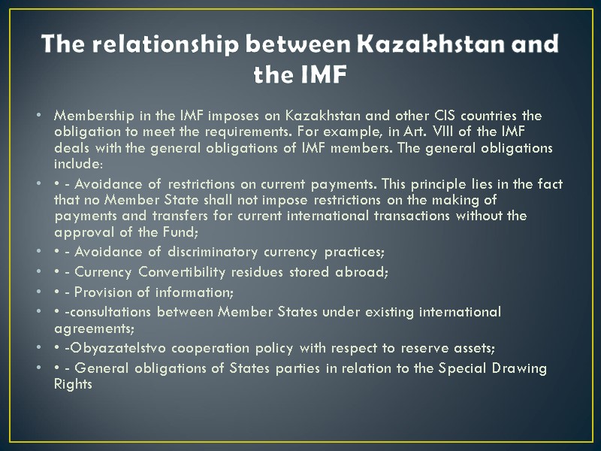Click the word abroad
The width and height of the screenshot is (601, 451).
(364, 271)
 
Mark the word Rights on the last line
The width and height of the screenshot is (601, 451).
(72, 384)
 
